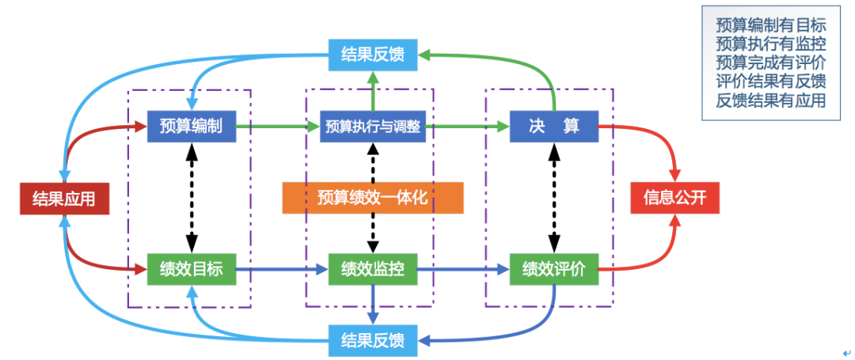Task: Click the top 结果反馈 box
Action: [x=372, y=55]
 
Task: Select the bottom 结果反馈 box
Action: [x=372, y=341]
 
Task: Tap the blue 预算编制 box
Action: [x=191, y=126]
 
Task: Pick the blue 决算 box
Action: [x=553, y=126]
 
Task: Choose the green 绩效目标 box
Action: [x=191, y=269]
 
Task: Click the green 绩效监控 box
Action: [x=372, y=269]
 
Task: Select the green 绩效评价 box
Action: [x=553, y=269]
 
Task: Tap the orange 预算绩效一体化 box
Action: [x=372, y=198]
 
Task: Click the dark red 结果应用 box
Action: [x=63, y=198]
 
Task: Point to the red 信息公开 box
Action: [x=674, y=198]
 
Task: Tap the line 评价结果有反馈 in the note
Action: [x=770, y=81]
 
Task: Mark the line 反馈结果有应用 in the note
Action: [x=770, y=100]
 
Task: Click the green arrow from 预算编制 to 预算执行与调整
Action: [x=277, y=126]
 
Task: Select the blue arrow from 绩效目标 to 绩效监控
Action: [x=281, y=270]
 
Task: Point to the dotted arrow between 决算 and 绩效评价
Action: [x=553, y=198]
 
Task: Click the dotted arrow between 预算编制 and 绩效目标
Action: [x=191, y=198]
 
